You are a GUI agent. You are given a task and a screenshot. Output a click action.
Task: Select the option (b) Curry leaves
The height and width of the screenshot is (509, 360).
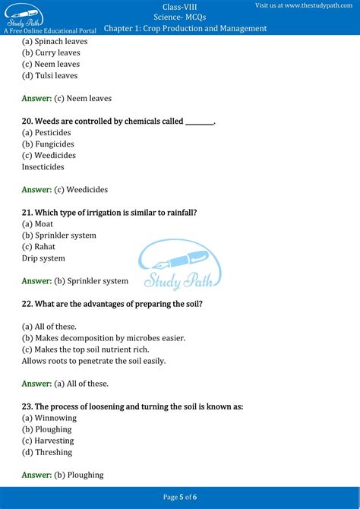(x=51, y=52)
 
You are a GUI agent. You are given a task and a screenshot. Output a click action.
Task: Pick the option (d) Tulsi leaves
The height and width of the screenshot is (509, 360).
(x=49, y=75)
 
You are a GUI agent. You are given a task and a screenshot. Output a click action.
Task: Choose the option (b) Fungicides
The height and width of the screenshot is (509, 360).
(x=48, y=144)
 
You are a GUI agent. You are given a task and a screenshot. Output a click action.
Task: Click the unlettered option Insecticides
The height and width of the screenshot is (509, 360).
(x=43, y=166)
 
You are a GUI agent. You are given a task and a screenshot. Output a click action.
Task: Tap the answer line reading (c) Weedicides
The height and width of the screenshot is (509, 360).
(x=65, y=189)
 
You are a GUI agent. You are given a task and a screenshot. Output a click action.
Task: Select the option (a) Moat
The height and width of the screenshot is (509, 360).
(x=37, y=223)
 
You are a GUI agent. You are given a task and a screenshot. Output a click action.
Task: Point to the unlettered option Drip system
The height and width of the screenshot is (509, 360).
(x=43, y=258)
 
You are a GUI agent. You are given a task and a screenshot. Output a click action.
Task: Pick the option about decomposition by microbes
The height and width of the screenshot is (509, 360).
(x=103, y=337)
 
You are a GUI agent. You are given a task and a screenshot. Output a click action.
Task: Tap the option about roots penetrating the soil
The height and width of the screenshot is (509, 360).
(x=93, y=361)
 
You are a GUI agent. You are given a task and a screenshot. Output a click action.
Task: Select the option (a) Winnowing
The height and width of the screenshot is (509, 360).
(x=49, y=418)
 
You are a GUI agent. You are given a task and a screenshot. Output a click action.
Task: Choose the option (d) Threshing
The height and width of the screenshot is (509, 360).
(x=47, y=452)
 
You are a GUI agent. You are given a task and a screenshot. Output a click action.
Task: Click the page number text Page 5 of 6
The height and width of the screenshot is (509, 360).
(x=180, y=497)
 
